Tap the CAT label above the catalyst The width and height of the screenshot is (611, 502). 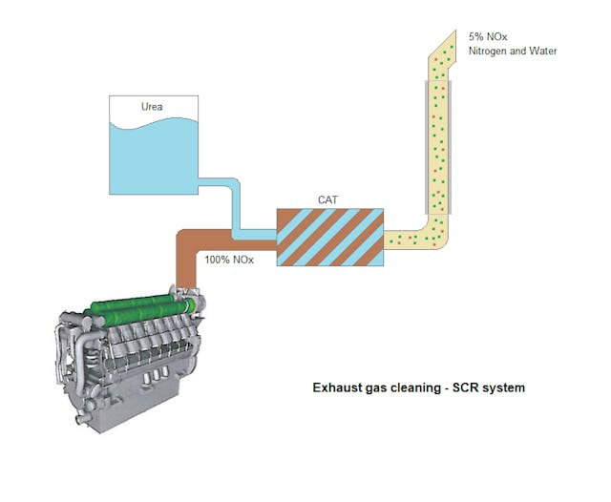(328, 199)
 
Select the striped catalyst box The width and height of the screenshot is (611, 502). (328, 237)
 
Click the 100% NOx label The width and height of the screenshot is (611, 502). (229, 259)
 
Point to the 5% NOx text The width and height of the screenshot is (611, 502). (488, 35)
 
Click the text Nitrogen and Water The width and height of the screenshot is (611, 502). (512, 51)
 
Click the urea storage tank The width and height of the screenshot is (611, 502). (153, 143)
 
